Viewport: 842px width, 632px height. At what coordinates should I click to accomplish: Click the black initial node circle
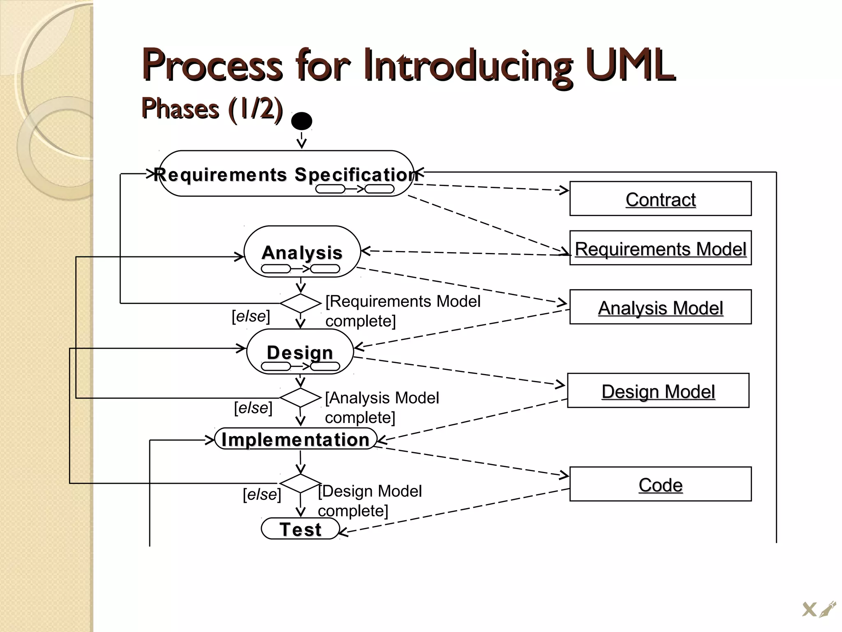tap(301, 121)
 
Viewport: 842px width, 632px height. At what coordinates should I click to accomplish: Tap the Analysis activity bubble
tap(302, 252)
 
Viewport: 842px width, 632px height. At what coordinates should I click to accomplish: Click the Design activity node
tap(300, 352)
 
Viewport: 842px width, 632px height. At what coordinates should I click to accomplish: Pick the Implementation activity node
tap(296, 439)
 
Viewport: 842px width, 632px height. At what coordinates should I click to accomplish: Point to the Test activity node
tap(301, 529)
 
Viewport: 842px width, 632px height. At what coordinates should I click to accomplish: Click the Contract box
tap(660, 199)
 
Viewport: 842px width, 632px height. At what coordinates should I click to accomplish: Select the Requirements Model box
tap(660, 248)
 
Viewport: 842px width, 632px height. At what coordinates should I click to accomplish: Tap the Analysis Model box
tap(660, 307)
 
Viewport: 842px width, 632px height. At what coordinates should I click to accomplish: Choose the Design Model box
tap(658, 391)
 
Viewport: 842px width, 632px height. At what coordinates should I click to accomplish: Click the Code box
tap(660, 484)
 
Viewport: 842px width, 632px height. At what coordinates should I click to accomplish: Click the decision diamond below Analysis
tap(301, 303)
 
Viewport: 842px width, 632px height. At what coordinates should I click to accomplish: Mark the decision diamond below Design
tap(301, 397)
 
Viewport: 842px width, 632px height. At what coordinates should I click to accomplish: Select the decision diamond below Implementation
tap(301, 483)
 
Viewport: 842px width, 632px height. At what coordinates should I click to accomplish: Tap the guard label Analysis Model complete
tap(382, 407)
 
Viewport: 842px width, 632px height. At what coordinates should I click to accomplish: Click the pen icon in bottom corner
tap(827, 609)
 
